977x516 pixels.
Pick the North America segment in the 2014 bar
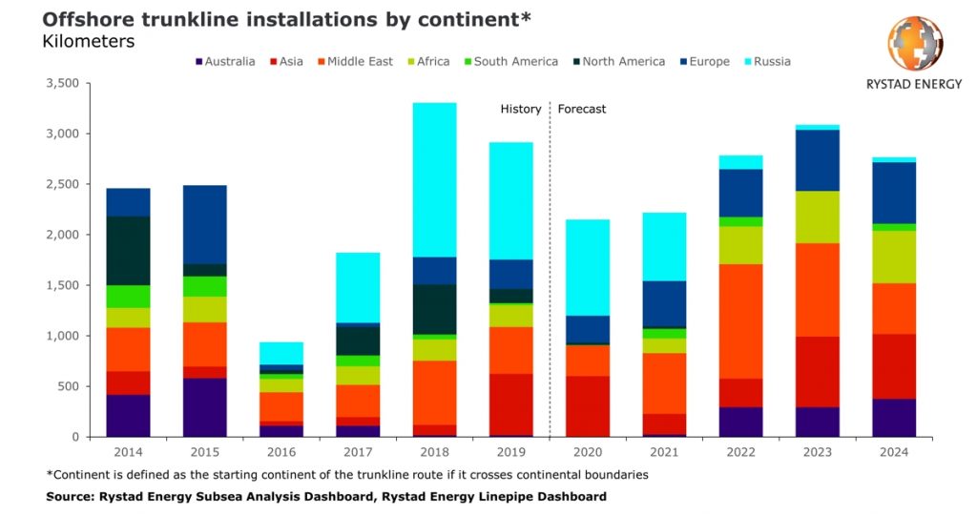click(128, 251)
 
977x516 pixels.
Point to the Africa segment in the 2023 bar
click(817, 217)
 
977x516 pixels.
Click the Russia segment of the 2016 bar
click(281, 353)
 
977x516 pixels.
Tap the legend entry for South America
click(515, 62)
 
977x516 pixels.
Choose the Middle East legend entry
click(360, 62)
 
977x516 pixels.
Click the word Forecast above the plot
click(582, 109)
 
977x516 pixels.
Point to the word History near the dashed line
click(521, 109)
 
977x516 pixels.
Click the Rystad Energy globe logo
click(915, 44)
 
